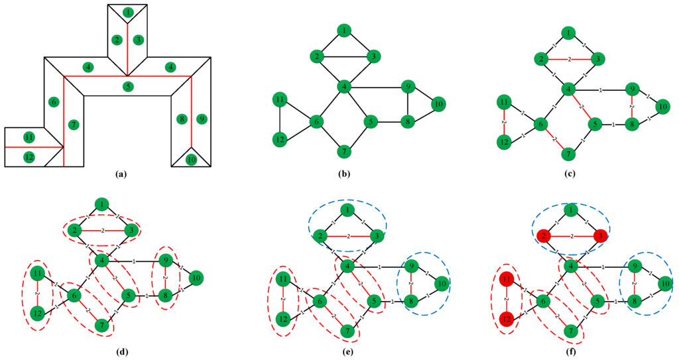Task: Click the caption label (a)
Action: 120,174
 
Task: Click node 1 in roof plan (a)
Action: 127,12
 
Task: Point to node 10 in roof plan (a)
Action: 191,159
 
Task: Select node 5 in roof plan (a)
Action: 128,86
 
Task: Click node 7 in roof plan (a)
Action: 74,125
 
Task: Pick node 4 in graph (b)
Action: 344,86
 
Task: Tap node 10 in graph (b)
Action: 438,104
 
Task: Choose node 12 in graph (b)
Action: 279,139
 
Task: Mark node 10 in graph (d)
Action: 196,278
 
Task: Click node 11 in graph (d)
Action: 38,273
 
